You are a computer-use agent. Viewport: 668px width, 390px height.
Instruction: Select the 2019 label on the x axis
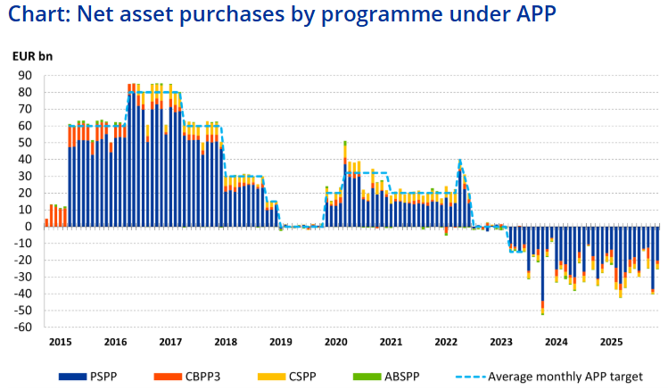click(x=280, y=342)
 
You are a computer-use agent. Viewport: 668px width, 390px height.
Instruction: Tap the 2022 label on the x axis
click(x=446, y=342)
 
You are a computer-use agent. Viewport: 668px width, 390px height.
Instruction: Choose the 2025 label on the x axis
click(x=611, y=342)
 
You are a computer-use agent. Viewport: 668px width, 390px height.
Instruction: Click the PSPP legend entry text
click(x=127, y=377)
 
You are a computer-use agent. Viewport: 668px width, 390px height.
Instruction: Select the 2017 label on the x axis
click(x=169, y=342)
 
